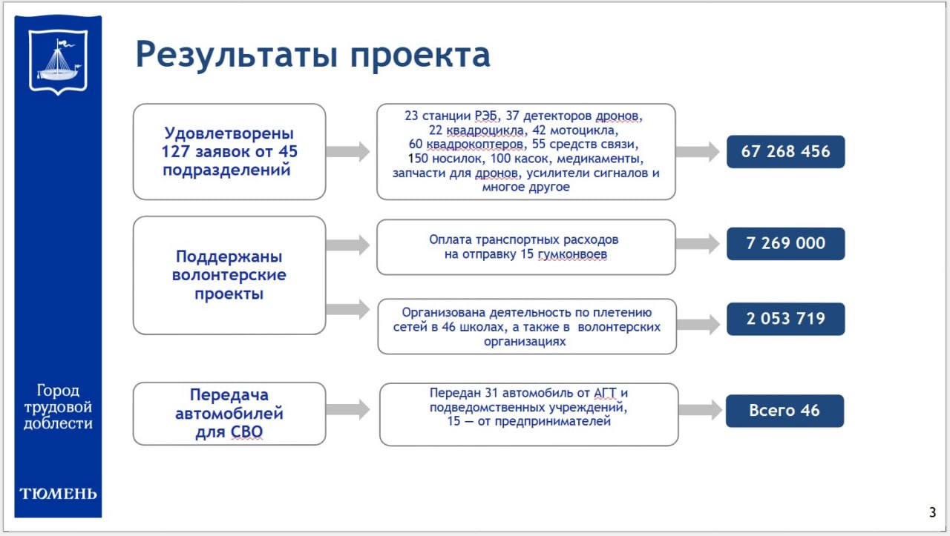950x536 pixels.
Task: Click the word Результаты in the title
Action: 237,55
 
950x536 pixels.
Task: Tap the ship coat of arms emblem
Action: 58,62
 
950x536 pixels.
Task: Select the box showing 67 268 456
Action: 785,152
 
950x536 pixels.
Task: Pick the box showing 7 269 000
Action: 785,244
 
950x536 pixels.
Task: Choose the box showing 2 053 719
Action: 785,319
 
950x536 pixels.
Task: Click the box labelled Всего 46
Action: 784,411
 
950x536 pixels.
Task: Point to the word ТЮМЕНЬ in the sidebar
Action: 58,494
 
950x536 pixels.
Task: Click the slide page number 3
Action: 932,512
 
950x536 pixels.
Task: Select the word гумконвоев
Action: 572,254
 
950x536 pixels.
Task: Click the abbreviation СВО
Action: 246,431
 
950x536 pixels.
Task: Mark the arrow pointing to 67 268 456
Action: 697,152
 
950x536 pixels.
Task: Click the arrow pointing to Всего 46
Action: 700,410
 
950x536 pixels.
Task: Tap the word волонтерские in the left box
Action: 229,275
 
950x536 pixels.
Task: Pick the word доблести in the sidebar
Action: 58,423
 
